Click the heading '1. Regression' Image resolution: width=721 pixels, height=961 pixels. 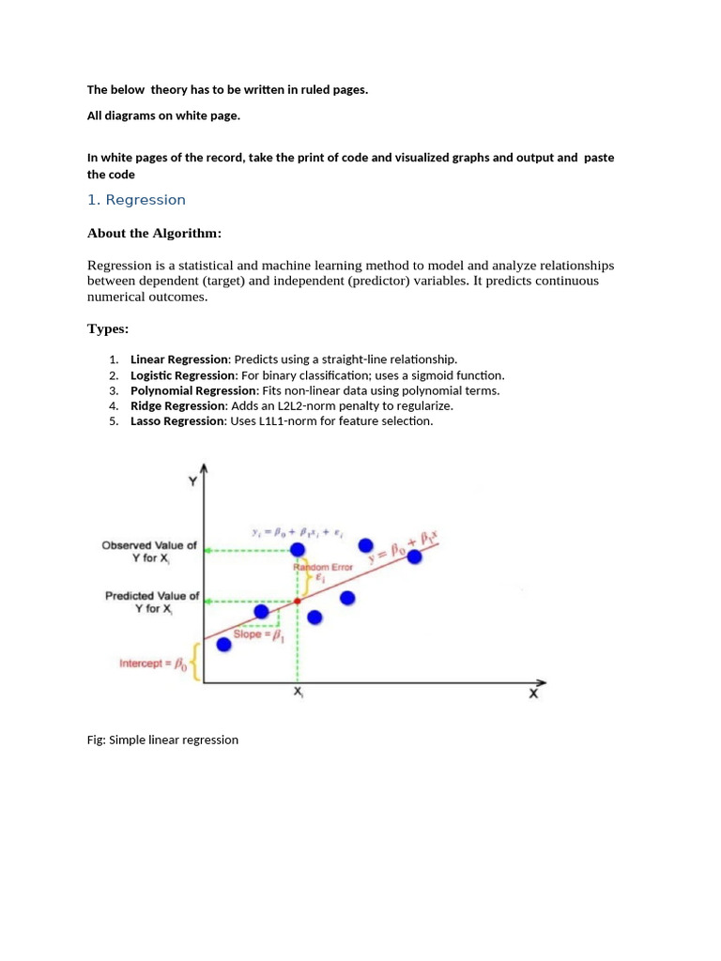[x=136, y=200]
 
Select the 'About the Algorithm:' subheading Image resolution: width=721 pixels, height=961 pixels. [x=154, y=233]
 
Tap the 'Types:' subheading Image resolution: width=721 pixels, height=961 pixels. [x=108, y=328]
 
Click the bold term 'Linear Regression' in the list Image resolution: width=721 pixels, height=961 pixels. [x=178, y=359]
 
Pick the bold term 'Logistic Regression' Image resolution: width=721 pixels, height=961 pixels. [x=182, y=375]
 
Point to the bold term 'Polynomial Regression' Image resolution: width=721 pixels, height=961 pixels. [x=193, y=390]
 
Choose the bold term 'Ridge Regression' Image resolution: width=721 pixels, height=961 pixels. [x=177, y=405]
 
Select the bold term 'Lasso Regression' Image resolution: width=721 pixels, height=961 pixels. [x=177, y=421]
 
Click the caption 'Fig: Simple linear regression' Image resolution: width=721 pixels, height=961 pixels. [x=162, y=740]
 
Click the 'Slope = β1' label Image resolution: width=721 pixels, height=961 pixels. [x=258, y=634]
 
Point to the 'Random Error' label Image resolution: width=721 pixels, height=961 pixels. [x=322, y=568]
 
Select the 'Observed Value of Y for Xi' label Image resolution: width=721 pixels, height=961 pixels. [x=150, y=551]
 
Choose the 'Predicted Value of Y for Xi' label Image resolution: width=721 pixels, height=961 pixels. [x=152, y=602]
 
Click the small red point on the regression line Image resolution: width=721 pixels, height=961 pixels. [x=298, y=601]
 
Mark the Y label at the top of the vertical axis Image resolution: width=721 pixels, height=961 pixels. [x=192, y=481]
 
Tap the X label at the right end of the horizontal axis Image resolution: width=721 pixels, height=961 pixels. [x=533, y=694]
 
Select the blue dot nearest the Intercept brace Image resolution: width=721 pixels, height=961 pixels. [x=223, y=644]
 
